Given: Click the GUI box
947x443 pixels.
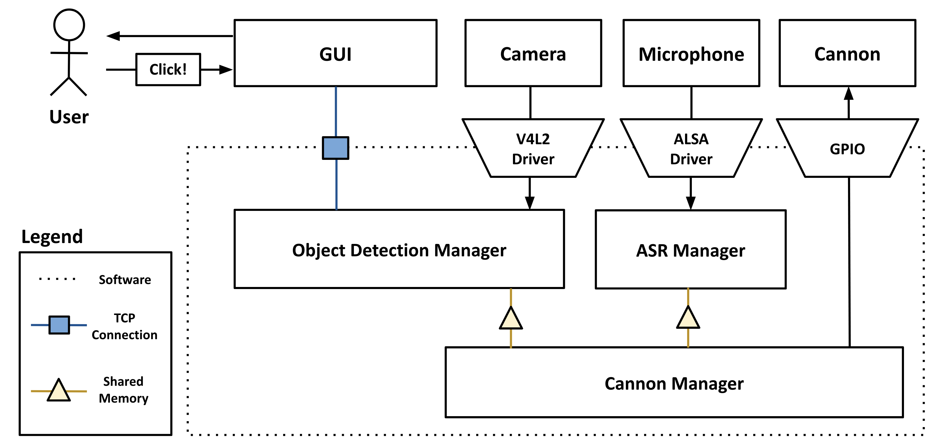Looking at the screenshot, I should coord(335,53).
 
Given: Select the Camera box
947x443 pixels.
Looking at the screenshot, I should coord(533,53).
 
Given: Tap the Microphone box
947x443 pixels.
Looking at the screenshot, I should coord(691,53).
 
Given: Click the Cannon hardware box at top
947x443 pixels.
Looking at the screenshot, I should coord(847,53).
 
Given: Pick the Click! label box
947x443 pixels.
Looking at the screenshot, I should coord(168,70).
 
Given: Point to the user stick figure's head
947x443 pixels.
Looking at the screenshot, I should coord(69,25).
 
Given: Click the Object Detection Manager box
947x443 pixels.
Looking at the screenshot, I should coord(399,250).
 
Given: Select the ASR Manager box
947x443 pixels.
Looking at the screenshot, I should coord(690,250).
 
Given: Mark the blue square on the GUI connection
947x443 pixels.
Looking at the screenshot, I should coord(336,148).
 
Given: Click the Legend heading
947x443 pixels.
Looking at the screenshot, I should coord(52,236).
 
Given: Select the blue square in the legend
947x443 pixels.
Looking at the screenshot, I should coord(59,325).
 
